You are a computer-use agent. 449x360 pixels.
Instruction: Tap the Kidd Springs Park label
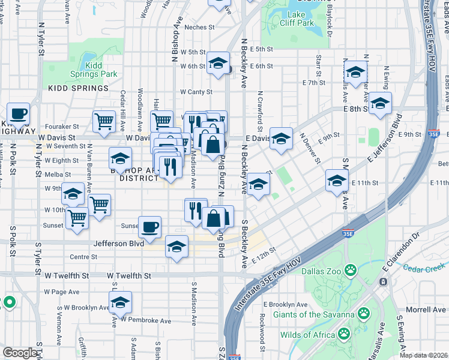pyautogui.click(x=93, y=70)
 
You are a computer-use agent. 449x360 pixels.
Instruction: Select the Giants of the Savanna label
pyautogui.click(x=313, y=314)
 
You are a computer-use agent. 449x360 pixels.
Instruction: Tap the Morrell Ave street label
pyautogui.click(x=426, y=310)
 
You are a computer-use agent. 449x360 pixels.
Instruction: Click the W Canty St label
pyautogui.click(x=197, y=92)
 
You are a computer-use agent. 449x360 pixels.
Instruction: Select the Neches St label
pyautogui.click(x=199, y=27)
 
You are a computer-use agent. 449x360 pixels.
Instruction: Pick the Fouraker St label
pyautogui.click(x=63, y=126)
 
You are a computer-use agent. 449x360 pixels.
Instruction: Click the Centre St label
pyautogui.click(x=83, y=257)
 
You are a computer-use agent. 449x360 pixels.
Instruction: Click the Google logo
pyautogui.click(x=19, y=353)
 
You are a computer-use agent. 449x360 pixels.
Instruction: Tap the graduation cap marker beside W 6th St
pyautogui.click(x=218, y=62)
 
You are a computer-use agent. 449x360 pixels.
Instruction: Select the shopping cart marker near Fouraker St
pyautogui.click(x=104, y=121)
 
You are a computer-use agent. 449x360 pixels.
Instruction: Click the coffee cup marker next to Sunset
pyautogui.click(x=149, y=226)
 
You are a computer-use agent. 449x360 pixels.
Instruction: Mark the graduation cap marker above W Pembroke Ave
pyautogui.click(x=120, y=303)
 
